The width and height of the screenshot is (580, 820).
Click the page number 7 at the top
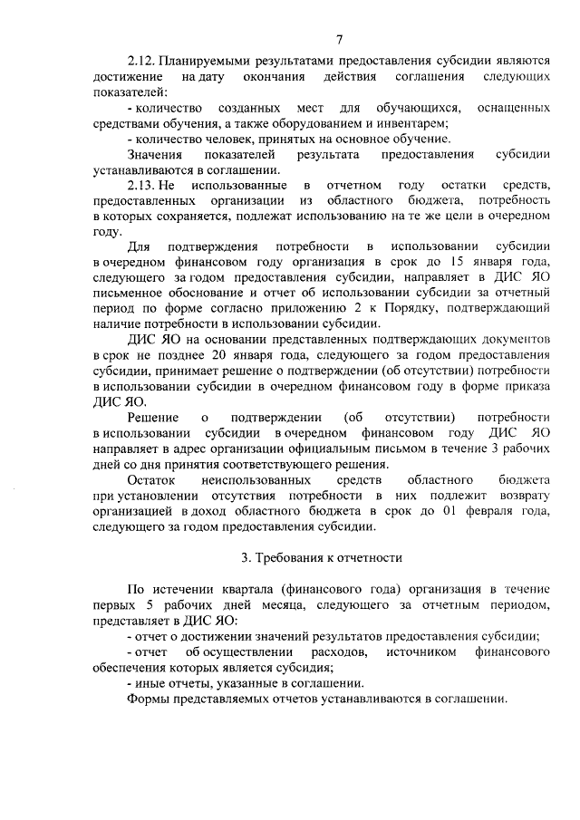[338, 39]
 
